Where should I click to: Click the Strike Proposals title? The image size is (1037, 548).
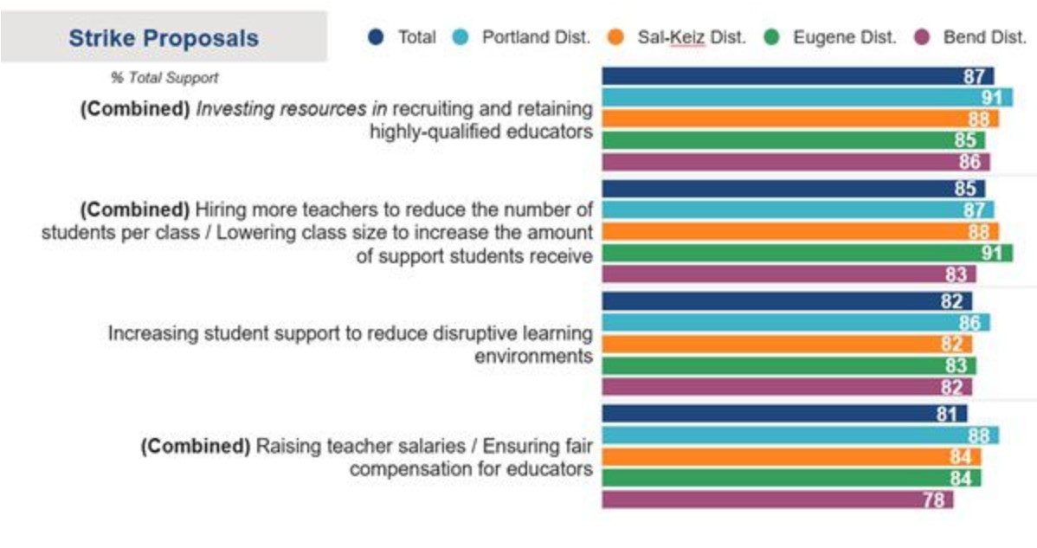(x=164, y=38)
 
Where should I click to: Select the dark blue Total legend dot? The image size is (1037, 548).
(x=376, y=37)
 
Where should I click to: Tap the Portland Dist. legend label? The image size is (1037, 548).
(x=536, y=37)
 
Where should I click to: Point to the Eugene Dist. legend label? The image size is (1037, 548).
(x=845, y=37)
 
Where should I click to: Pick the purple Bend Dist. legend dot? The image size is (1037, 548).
(x=922, y=37)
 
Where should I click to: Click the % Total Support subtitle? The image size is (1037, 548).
(x=164, y=78)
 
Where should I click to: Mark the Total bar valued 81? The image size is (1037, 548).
(x=784, y=414)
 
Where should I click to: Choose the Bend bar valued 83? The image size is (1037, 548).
(x=789, y=274)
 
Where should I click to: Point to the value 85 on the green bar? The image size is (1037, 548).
(x=965, y=140)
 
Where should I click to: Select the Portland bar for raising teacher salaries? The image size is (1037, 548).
(x=800, y=435)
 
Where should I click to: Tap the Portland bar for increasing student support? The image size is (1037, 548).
(x=795, y=322)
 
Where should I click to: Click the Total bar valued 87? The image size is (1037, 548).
(x=797, y=76)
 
